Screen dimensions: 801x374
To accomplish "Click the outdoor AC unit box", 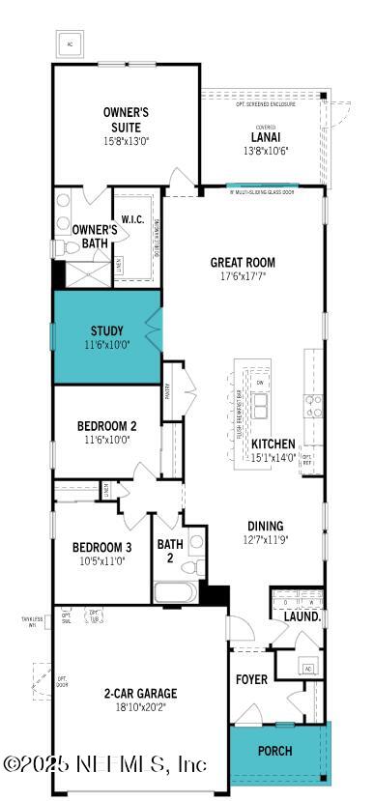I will pos(71,44).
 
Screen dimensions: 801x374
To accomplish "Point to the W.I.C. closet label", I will pos(132,219).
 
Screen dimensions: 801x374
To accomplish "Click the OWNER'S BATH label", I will pos(95,236).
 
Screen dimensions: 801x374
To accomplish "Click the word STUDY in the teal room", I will pos(106,330).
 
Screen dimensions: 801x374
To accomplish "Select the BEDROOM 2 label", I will pos(106,425).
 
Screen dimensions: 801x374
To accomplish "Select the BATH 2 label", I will pos(170,550).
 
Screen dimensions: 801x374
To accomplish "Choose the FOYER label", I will pos(252,679).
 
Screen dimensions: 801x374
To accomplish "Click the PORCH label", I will pos(274,750).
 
